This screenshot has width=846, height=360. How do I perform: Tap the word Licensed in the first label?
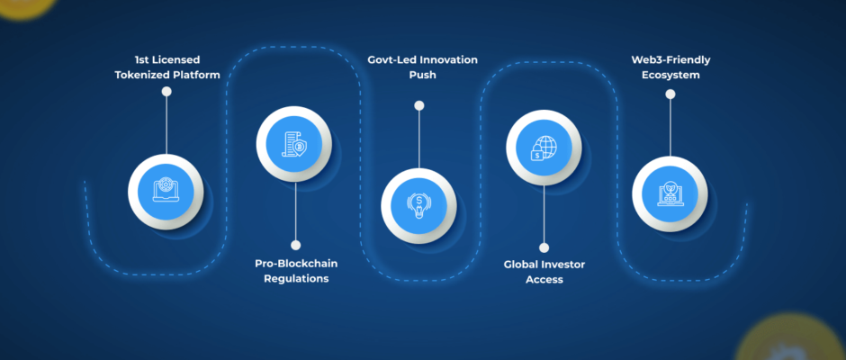(176, 59)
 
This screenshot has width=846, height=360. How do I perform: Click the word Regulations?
(296, 279)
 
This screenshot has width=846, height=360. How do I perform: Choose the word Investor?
(565, 265)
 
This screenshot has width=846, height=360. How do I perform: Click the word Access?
(544, 280)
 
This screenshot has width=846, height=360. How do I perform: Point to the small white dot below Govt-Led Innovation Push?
(418, 105)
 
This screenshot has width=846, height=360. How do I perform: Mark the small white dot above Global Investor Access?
(544, 246)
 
